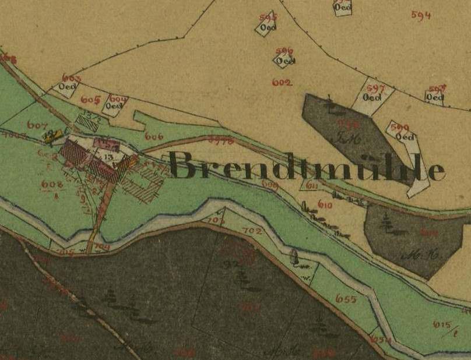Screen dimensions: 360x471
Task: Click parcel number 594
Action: click(x=420, y=16)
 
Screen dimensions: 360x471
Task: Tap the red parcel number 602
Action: click(x=282, y=83)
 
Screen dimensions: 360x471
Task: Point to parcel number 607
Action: click(x=36, y=124)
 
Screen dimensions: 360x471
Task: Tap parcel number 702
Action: click(x=252, y=231)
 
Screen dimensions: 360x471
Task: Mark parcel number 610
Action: click(x=325, y=205)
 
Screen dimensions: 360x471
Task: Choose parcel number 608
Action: click(x=51, y=185)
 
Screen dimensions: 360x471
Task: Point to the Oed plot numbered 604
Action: click(x=115, y=104)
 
